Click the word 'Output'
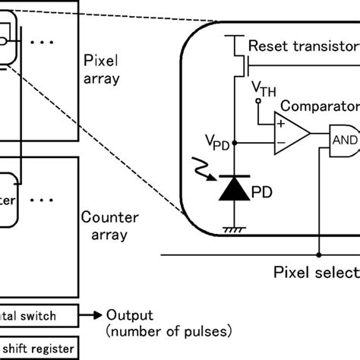click(128, 314)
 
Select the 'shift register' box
click(38, 348)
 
